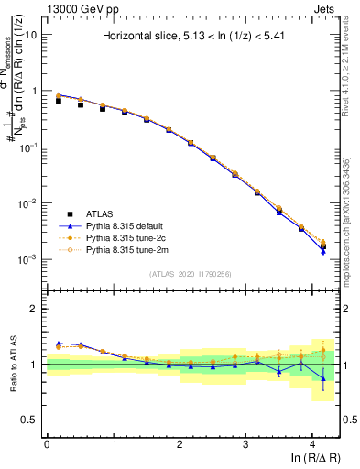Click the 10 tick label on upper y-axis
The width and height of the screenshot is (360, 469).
pos(30,35)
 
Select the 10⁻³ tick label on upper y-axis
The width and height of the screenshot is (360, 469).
pos(27,259)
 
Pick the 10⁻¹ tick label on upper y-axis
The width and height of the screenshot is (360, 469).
pos(27,147)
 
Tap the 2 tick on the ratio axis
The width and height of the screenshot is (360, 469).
pos(35,309)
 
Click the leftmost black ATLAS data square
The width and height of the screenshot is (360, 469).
pos(59,101)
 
